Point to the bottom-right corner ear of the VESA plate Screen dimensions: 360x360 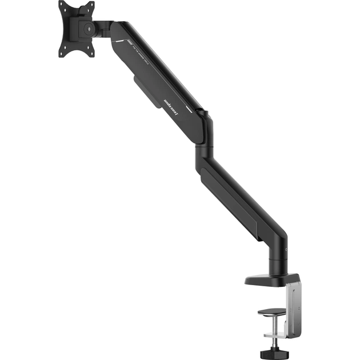tap(91, 53)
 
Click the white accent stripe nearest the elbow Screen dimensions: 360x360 tap(198, 109)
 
